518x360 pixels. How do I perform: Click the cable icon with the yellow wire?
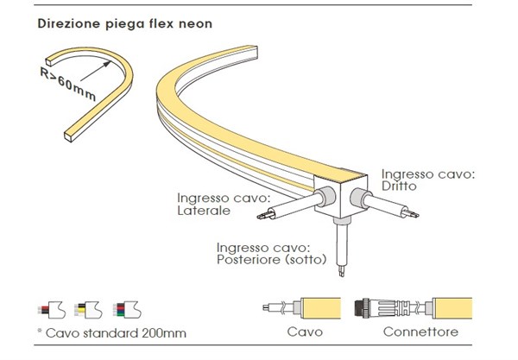tap(86, 309)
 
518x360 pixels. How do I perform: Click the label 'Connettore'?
tap(420, 331)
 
